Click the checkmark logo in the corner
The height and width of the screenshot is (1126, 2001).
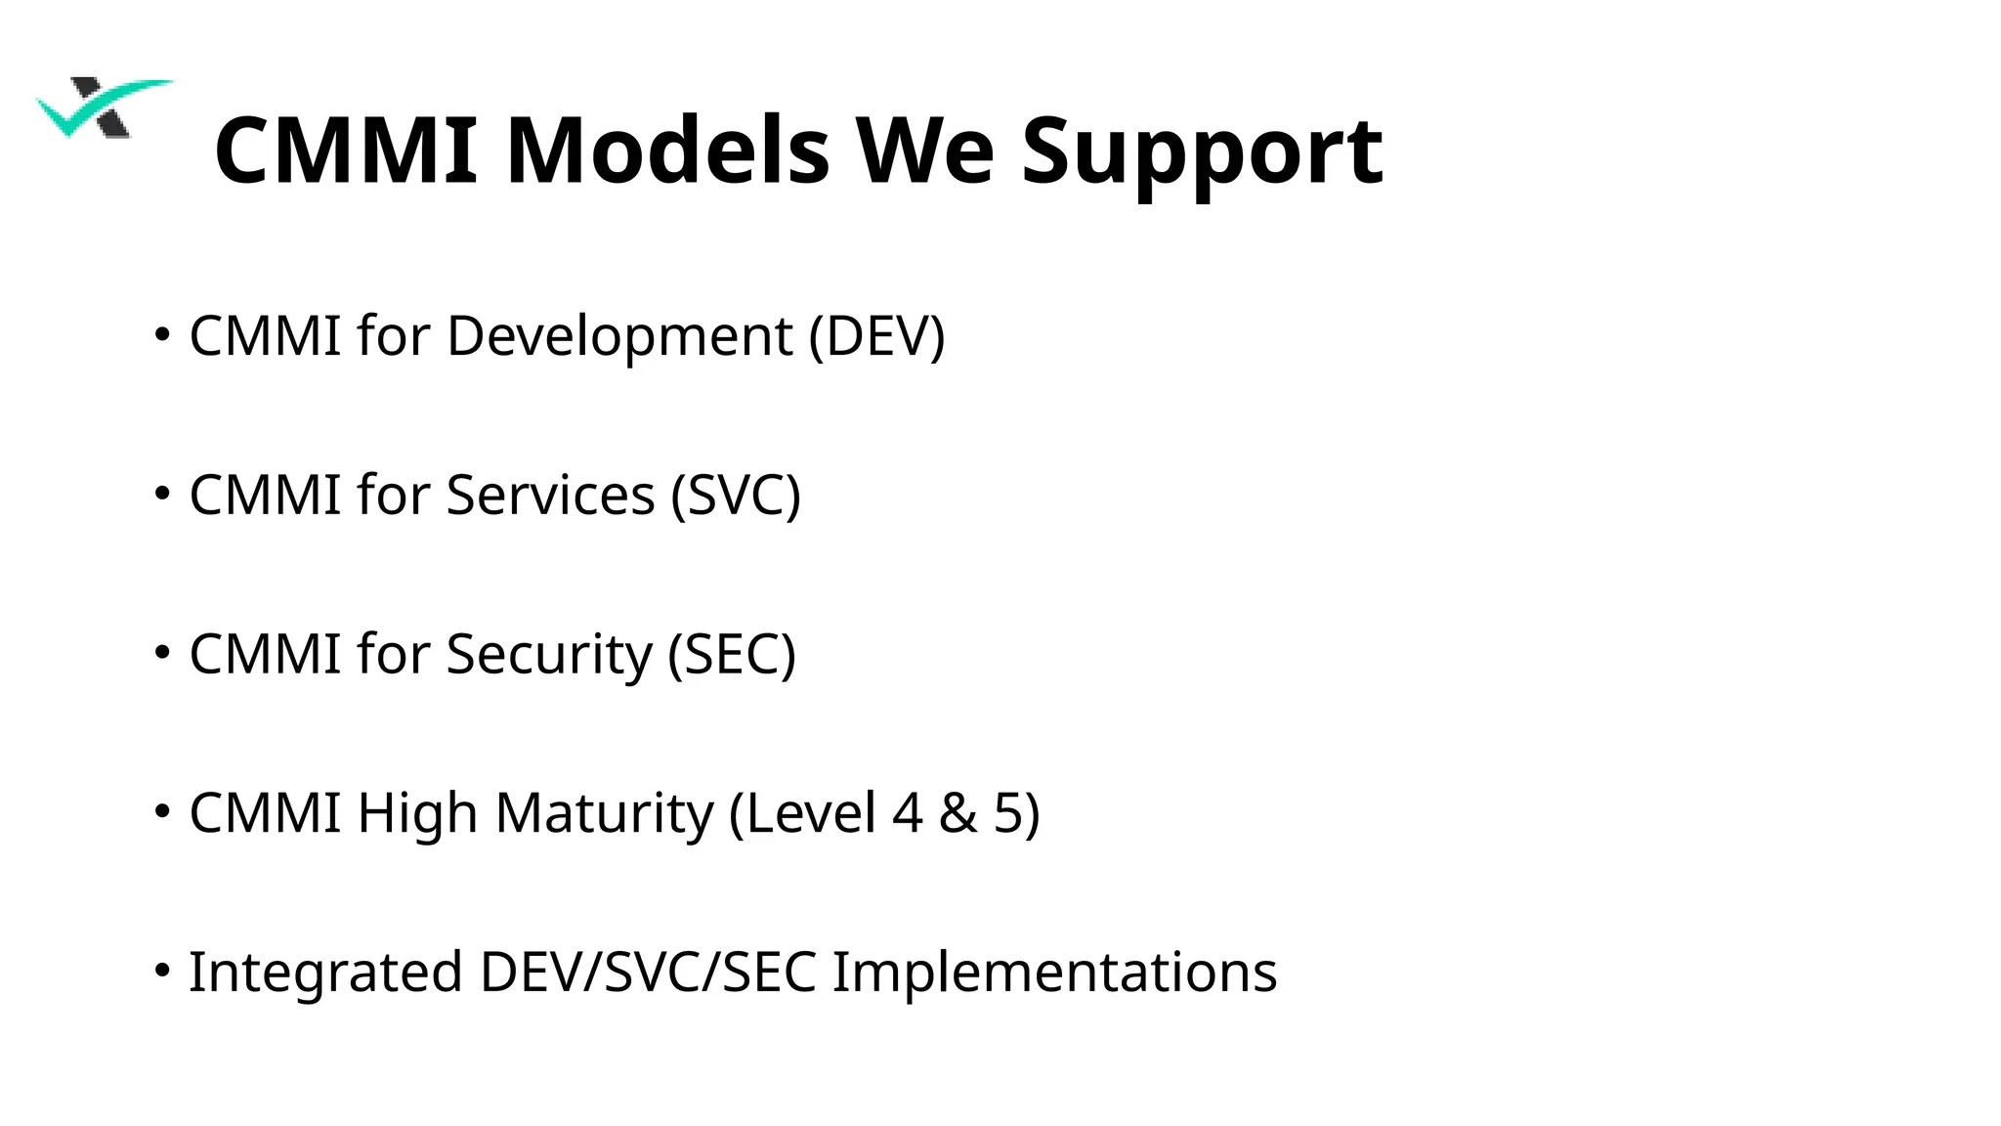pyautogui.click(x=103, y=108)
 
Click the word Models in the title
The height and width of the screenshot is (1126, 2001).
pyautogui.click(x=667, y=151)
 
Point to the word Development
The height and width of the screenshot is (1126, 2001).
pyautogui.click(x=619, y=337)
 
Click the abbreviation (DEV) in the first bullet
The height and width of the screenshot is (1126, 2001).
pyautogui.click(x=876, y=337)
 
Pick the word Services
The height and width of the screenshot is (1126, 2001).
pyautogui.click(x=550, y=496)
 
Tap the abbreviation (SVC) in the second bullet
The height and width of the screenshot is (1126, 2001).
pyautogui.click(x=736, y=496)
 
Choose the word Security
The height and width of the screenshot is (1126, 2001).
pyautogui.click(x=548, y=655)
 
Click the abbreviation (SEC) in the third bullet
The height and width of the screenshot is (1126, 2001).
pyautogui.click(x=732, y=655)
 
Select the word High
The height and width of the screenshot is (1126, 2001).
pyautogui.click(x=417, y=814)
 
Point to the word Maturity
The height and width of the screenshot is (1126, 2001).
pyautogui.click(x=605, y=814)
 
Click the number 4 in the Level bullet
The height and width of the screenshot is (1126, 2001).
pyautogui.click(x=907, y=813)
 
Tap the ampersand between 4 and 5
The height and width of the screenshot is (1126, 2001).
pyautogui.click(x=958, y=813)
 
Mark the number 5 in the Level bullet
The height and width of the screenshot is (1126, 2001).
pyautogui.click(x=1008, y=813)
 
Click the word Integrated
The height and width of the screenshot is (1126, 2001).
pyautogui.click(x=325, y=974)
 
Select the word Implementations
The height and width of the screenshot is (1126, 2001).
pyautogui.click(x=1054, y=974)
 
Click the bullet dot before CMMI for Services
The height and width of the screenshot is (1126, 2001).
pyautogui.click(x=162, y=494)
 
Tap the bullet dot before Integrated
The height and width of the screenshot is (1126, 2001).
pyautogui.click(x=162, y=971)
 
